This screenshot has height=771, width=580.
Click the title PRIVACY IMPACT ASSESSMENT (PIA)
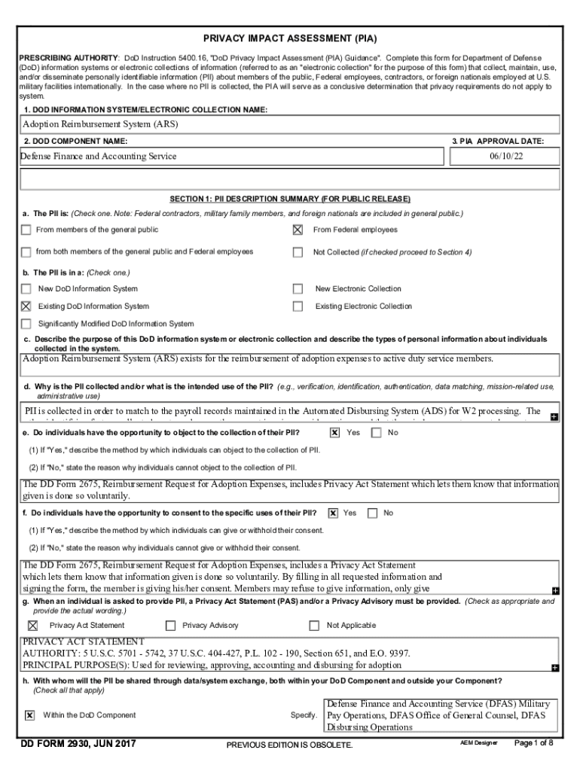click(290, 38)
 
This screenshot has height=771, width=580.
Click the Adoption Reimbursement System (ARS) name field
click(290, 124)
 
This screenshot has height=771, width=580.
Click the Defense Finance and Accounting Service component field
click(230, 157)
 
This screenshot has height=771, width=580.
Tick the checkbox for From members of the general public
click(26, 230)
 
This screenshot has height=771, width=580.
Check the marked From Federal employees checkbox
click(298, 230)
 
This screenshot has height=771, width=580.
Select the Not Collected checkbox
click(298, 252)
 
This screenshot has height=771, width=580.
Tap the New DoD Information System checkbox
click(26, 288)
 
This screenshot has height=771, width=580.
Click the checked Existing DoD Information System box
click(26, 306)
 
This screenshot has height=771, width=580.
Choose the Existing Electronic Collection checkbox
click(298, 306)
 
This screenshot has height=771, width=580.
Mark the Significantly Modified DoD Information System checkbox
click(26, 324)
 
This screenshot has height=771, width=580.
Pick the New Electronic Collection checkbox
click(298, 288)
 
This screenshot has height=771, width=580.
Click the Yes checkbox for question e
click(334, 433)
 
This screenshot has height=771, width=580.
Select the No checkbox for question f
click(372, 513)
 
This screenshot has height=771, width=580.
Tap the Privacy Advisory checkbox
click(170, 626)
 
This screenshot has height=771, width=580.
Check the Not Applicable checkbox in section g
click(315, 626)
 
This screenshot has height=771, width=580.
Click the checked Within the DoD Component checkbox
click(29, 715)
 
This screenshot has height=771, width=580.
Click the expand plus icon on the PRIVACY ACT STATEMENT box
click(554, 668)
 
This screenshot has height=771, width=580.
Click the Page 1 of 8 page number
click(533, 742)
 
